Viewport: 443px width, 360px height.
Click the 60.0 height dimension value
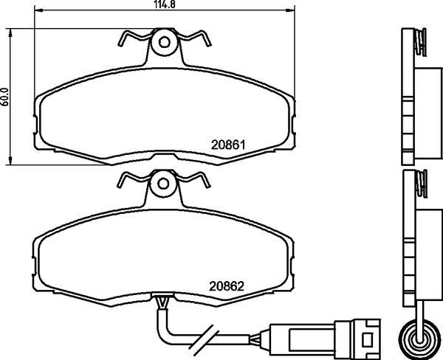tap(5, 97)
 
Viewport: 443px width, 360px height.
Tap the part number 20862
tap(227, 286)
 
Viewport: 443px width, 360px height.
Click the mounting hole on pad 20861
tap(164, 42)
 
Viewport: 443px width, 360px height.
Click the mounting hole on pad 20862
tap(163, 184)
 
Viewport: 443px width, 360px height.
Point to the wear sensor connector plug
tap(325, 338)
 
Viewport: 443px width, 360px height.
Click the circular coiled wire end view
tap(420, 337)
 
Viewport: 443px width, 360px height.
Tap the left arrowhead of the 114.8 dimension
tap(38, 10)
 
